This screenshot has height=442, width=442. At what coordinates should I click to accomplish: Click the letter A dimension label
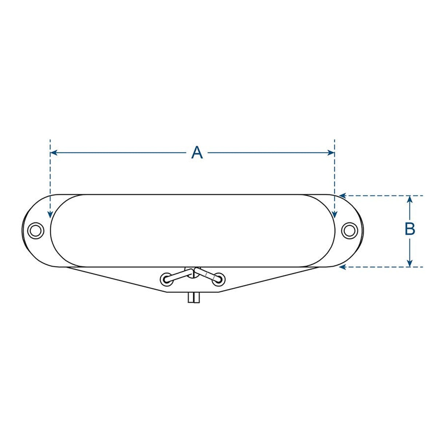pyautogui.click(x=197, y=153)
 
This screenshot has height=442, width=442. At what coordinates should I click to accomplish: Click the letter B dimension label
pyautogui.click(x=410, y=229)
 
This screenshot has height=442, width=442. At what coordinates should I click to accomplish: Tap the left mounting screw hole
pyautogui.click(x=36, y=230)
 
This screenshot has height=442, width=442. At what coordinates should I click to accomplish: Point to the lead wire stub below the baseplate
pyautogui.click(x=194, y=298)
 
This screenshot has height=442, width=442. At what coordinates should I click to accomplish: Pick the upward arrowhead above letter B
pyautogui.click(x=410, y=199)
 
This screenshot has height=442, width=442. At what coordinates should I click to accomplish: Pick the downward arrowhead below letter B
pyautogui.click(x=410, y=264)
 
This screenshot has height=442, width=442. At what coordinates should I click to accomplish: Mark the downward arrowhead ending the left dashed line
pyautogui.click(x=50, y=216)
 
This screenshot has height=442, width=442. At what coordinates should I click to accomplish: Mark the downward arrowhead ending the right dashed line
pyautogui.click(x=335, y=216)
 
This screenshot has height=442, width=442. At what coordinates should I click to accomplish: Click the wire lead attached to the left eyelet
pyautogui.click(x=178, y=275)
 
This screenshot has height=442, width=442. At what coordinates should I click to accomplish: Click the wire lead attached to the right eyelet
pyautogui.click(x=208, y=274)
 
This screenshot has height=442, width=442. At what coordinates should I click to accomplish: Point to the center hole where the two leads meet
pyautogui.click(x=192, y=272)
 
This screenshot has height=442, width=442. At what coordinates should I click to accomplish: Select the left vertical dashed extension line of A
pyautogui.click(x=50, y=175)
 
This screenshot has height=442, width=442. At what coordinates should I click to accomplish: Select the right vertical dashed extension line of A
pyautogui.click(x=335, y=175)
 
